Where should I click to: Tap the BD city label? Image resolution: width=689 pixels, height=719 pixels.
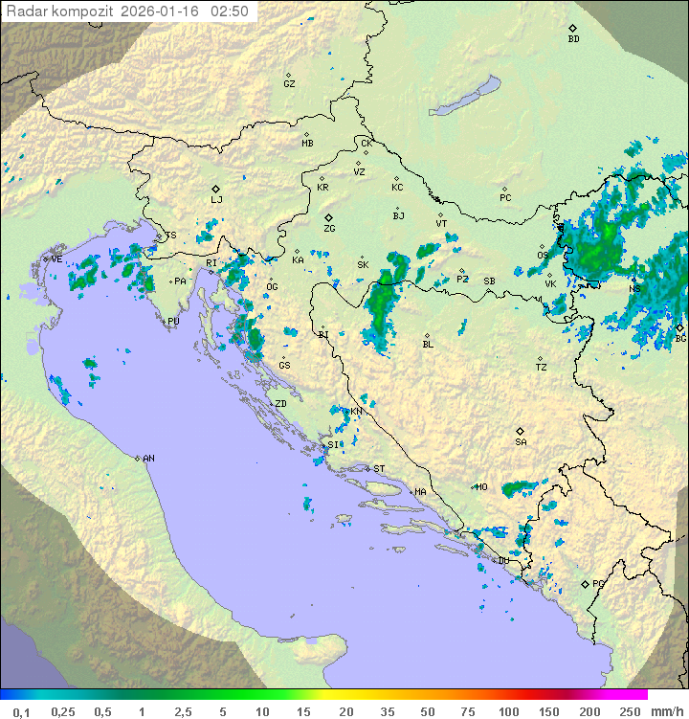pyautogui.click(x=573, y=39)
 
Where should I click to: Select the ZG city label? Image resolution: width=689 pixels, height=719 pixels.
pyautogui.click(x=329, y=229)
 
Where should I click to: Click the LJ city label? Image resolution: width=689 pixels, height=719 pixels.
pyautogui.click(x=216, y=200)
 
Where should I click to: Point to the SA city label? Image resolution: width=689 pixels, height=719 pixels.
pyautogui.click(x=521, y=442)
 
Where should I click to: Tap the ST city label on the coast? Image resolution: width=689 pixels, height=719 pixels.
pyautogui.click(x=379, y=468)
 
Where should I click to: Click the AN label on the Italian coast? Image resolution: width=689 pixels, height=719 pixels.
pyautogui.click(x=148, y=459)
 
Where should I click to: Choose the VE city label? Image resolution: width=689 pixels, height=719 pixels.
pyautogui.click(x=56, y=259)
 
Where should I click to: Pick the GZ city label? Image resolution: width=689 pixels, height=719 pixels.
pyautogui.click(x=289, y=83)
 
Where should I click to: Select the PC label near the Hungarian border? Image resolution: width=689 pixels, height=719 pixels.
pyautogui.click(x=505, y=198)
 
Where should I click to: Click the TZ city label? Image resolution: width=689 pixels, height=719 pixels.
pyautogui.click(x=542, y=367)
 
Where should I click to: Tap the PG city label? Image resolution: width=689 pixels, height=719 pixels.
pyautogui.click(x=598, y=583)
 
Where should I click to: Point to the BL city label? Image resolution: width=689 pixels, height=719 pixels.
pyautogui.click(x=428, y=345)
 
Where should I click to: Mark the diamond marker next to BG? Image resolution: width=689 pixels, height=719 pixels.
pyautogui.click(x=679, y=327)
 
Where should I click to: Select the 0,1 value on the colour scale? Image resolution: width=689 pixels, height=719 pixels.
pyautogui.click(x=21, y=711)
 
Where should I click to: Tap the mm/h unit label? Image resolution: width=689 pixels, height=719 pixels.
pyautogui.click(x=666, y=711)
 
